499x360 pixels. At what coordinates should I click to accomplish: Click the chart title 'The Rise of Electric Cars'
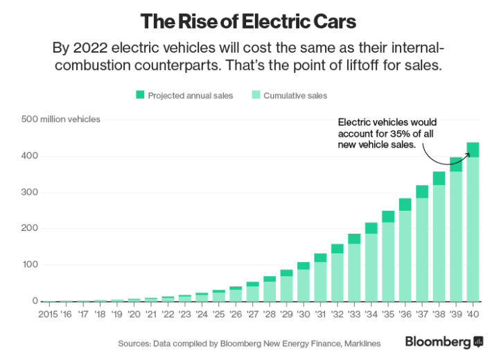(x=248, y=21)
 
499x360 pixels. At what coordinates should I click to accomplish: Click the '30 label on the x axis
(x=302, y=314)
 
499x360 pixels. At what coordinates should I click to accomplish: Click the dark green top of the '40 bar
(x=473, y=150)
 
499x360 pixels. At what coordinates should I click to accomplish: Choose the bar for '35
(x=388, y=257)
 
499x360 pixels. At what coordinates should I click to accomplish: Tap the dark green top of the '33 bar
(x=353, y=239)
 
